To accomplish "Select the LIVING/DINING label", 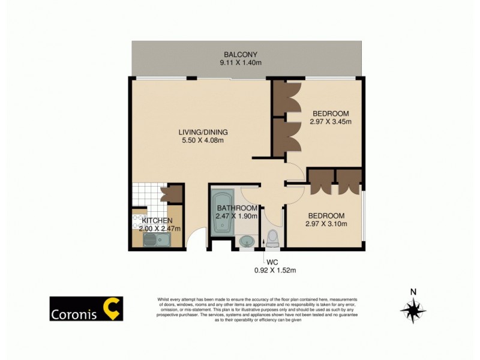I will pos(203,133).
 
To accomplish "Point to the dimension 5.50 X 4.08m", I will pos(203,141).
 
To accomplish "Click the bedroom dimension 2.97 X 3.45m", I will pos(330,122).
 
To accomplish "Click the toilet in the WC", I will pos(273,238).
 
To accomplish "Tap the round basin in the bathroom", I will pos(247,242).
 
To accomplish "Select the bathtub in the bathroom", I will pos(220,214).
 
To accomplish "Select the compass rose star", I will pos(413,310).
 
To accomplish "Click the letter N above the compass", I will pos(413,292).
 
